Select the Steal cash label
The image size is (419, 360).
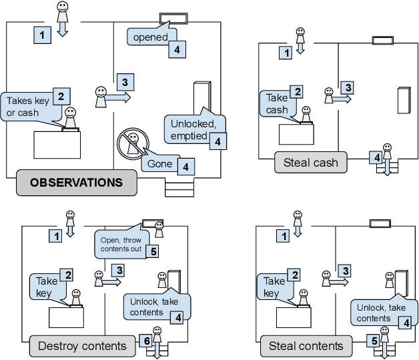pos(311,162)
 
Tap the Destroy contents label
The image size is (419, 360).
pos(82,345)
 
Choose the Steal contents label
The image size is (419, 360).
pos(306,345)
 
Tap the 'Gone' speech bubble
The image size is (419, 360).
pos(159,164)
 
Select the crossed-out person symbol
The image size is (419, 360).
pos(131,145)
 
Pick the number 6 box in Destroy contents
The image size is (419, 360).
pos(147,341)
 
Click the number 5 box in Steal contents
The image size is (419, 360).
pos(375,341)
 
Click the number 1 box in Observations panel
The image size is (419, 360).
pos(43,35)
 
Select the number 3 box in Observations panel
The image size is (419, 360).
pos(123,81)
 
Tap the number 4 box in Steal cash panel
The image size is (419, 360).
pos(377,158)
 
